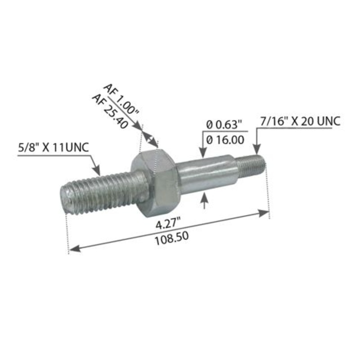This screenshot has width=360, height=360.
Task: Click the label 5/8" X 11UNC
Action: pos(53,147)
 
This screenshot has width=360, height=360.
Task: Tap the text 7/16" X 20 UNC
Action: pos(300,121)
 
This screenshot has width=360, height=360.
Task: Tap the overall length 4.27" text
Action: pos(167,221)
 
